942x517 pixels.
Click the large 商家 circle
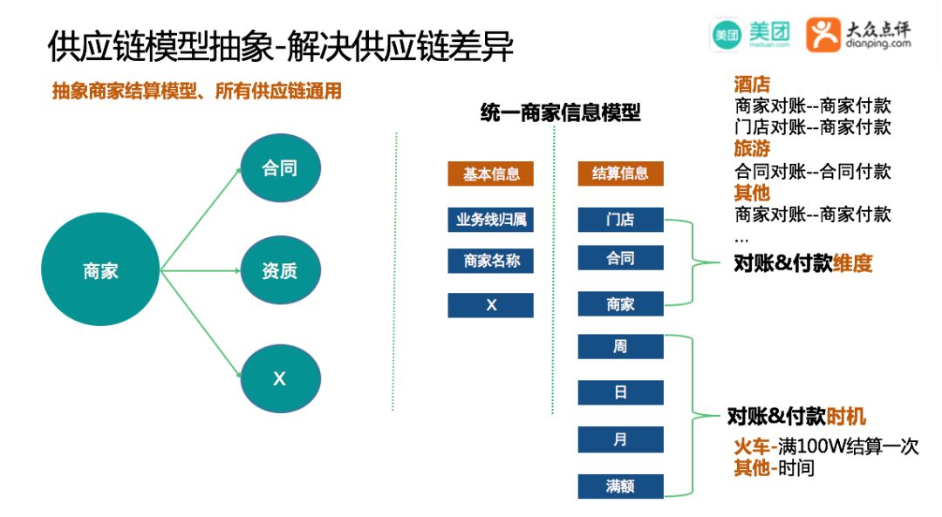tap(101, 271)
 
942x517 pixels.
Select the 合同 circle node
tap(280, 168)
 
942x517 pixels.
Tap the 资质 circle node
tap(280, 271)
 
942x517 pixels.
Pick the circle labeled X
tap(280, 379)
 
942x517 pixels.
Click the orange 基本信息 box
tap(490, 173)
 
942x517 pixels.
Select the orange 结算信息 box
tap(620, 173)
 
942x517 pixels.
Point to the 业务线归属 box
tap(490, 220)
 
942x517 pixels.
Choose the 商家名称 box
tap(490, 261)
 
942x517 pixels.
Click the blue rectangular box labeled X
tap(490, 305)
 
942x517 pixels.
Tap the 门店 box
tap(620, 220)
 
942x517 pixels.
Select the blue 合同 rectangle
tap(620, 258)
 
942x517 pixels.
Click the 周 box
tap(620, 347)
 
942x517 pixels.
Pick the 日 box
tap(620, 393)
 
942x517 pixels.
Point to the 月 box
tap(620, 439)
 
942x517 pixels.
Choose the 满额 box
tap(620, 486)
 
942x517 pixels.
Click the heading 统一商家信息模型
tap(560, 112)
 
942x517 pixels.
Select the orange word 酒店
tap(752, 85)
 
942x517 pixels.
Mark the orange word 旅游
tap(752, 149)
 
